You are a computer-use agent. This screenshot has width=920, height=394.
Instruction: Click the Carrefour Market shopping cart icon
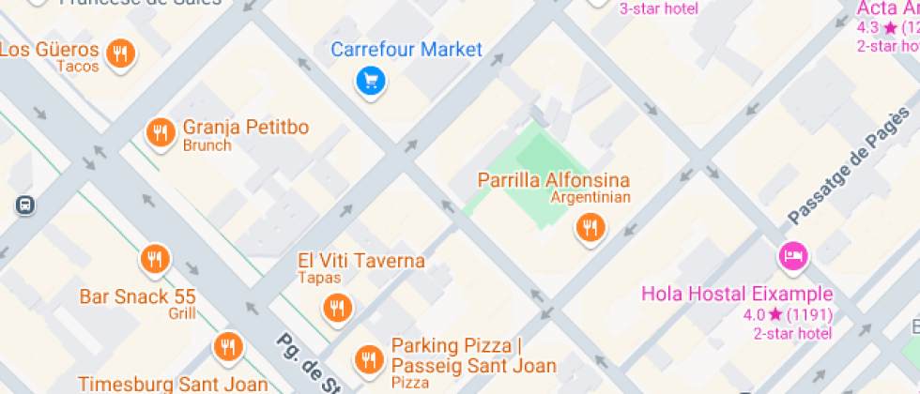coord(371,81)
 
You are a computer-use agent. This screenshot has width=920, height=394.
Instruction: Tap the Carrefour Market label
coord(406,50)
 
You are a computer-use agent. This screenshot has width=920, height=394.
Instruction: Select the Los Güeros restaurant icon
coord(119,53)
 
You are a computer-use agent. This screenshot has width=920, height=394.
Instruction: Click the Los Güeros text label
coord(49,50)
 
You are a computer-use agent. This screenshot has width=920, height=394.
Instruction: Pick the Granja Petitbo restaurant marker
coord(161,132)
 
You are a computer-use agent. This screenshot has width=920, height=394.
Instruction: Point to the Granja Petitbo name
coord(246,128)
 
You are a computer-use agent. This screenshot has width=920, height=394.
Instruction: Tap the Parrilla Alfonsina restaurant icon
coord(590,226)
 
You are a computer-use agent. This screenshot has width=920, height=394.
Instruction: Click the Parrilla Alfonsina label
coord(554,179)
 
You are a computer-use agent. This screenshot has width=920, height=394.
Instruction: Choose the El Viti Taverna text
coord(360,261)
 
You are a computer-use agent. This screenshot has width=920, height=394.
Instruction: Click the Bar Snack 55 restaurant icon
coord(155,258)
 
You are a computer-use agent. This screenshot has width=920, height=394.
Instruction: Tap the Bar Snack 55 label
coord(137,296)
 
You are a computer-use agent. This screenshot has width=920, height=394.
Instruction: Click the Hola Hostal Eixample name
coord(737,294)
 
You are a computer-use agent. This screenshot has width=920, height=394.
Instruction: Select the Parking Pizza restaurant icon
coord(368,357)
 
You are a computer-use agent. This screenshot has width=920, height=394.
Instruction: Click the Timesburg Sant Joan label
coord(173,385)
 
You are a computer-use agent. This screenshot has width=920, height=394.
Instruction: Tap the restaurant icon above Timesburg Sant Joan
coord(226,346)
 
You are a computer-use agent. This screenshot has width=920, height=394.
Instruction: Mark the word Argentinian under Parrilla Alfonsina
coord(590,197)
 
